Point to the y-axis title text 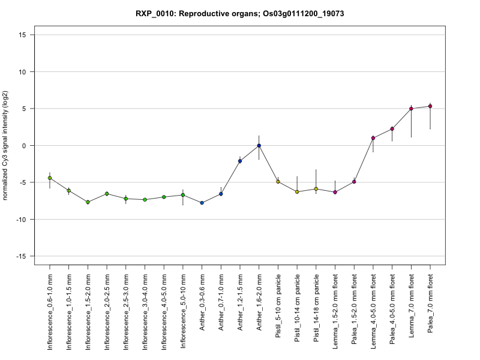click(5, 145)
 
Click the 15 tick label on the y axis click(22, 35)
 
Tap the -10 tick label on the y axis click(21, 220)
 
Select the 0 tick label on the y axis click(24, 146)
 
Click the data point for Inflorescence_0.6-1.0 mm click(50, 178)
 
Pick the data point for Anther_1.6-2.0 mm click(259, 146)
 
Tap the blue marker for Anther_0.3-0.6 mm click(202, 203)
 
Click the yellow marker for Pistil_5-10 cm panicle click(278, 182)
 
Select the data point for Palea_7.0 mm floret click(430, 106)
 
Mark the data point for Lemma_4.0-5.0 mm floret click(373, 138)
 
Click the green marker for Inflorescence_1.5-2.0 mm click(88, 202)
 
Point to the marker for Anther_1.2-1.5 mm click(240, 161)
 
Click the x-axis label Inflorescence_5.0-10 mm click(183, 311)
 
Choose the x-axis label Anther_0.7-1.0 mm click(221, 302)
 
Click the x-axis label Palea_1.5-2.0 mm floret click(354, 309)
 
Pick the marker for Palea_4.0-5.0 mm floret click(392, 129)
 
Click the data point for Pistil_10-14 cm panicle click(297, 192)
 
